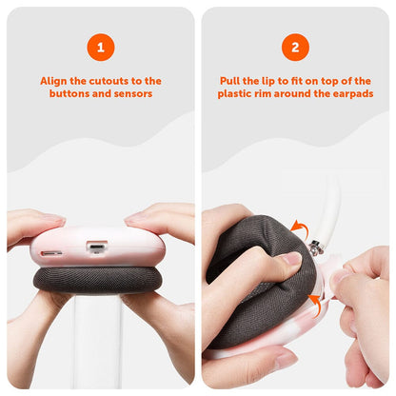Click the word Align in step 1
(54, 81)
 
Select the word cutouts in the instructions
(108, 81)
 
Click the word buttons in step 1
(74, 94)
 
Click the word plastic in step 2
(234, 94)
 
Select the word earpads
(350, 94)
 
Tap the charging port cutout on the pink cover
(96, 248)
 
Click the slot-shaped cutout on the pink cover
(53, 255)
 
